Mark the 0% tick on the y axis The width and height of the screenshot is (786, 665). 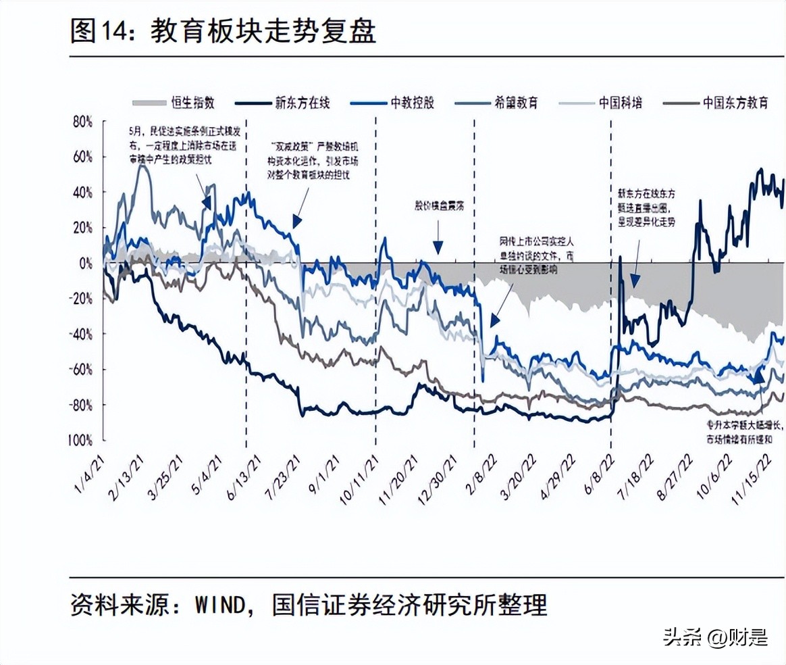[x=85, y=263]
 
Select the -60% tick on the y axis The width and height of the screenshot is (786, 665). [x=81, y=369]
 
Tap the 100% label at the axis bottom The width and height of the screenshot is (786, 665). [x=79, y=440]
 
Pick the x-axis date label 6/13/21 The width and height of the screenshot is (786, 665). [x=244, y=476]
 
